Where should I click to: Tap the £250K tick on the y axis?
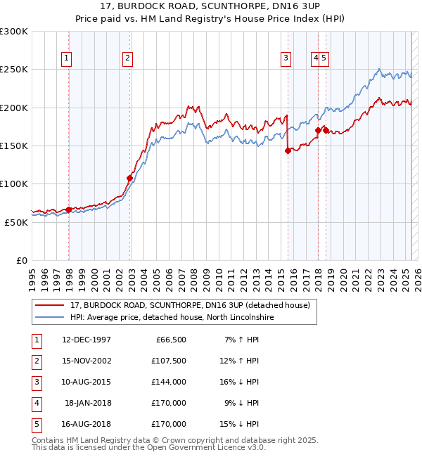(14, 70)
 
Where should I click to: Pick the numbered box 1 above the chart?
(66, 59)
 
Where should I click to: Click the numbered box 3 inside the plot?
(286, 59)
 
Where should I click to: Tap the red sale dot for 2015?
(288, 150)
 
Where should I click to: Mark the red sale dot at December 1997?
(68, 210)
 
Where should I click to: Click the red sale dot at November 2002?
(129, 178)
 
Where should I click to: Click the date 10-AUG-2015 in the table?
(87, 382)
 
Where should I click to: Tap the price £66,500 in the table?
(169, 340)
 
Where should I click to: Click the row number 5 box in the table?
(36, 424)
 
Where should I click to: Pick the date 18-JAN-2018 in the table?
(88, 403)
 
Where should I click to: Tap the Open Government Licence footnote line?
(148, 447)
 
